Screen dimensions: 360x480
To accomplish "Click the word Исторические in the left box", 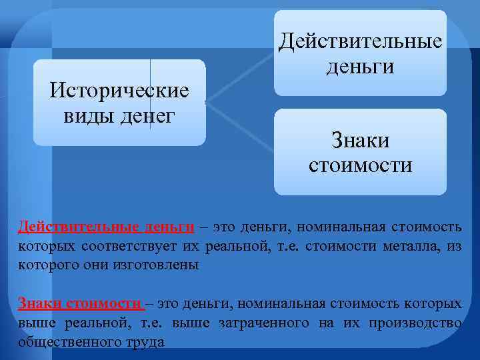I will click(119, 90).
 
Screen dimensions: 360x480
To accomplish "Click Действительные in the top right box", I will click(360, 41).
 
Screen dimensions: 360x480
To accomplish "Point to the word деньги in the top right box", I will click(360, 67).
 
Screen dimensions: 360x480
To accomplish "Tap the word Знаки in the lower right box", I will click(360, 140).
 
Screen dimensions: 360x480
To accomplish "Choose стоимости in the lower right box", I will click(360, 165).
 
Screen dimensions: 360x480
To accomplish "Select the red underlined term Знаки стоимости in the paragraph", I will click(81, 304).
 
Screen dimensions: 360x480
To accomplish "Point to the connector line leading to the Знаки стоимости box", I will click(240, 123).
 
